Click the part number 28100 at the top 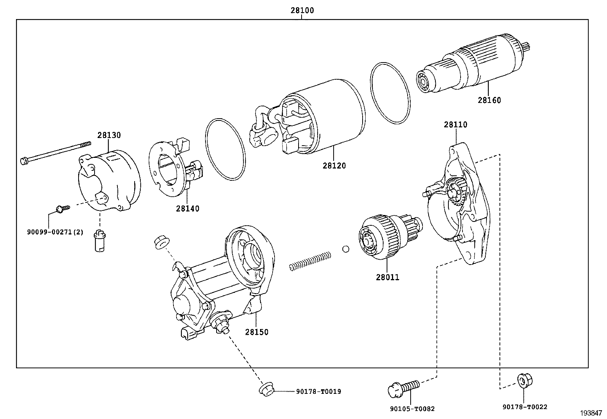coord(302,10)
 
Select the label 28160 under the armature coord(489,100)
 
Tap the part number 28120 coord(334,165)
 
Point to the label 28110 coord(456,125)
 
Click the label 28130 coord(109,135)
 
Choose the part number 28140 coord(188,209)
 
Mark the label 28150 coord(257,332)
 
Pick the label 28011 coord(387,277)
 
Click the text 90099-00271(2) coord(55,232)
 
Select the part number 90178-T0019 coord(318,391)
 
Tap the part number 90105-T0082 coord(412,409)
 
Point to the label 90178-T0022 coord(525,407)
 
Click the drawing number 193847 coord(591,413)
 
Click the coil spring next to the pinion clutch coord(310,261)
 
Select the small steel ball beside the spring coord(346,249)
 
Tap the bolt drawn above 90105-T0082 coord(404,388)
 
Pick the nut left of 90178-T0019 coord(267,390)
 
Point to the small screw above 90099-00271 coord(63,209)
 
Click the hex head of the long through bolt coord(24,161)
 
